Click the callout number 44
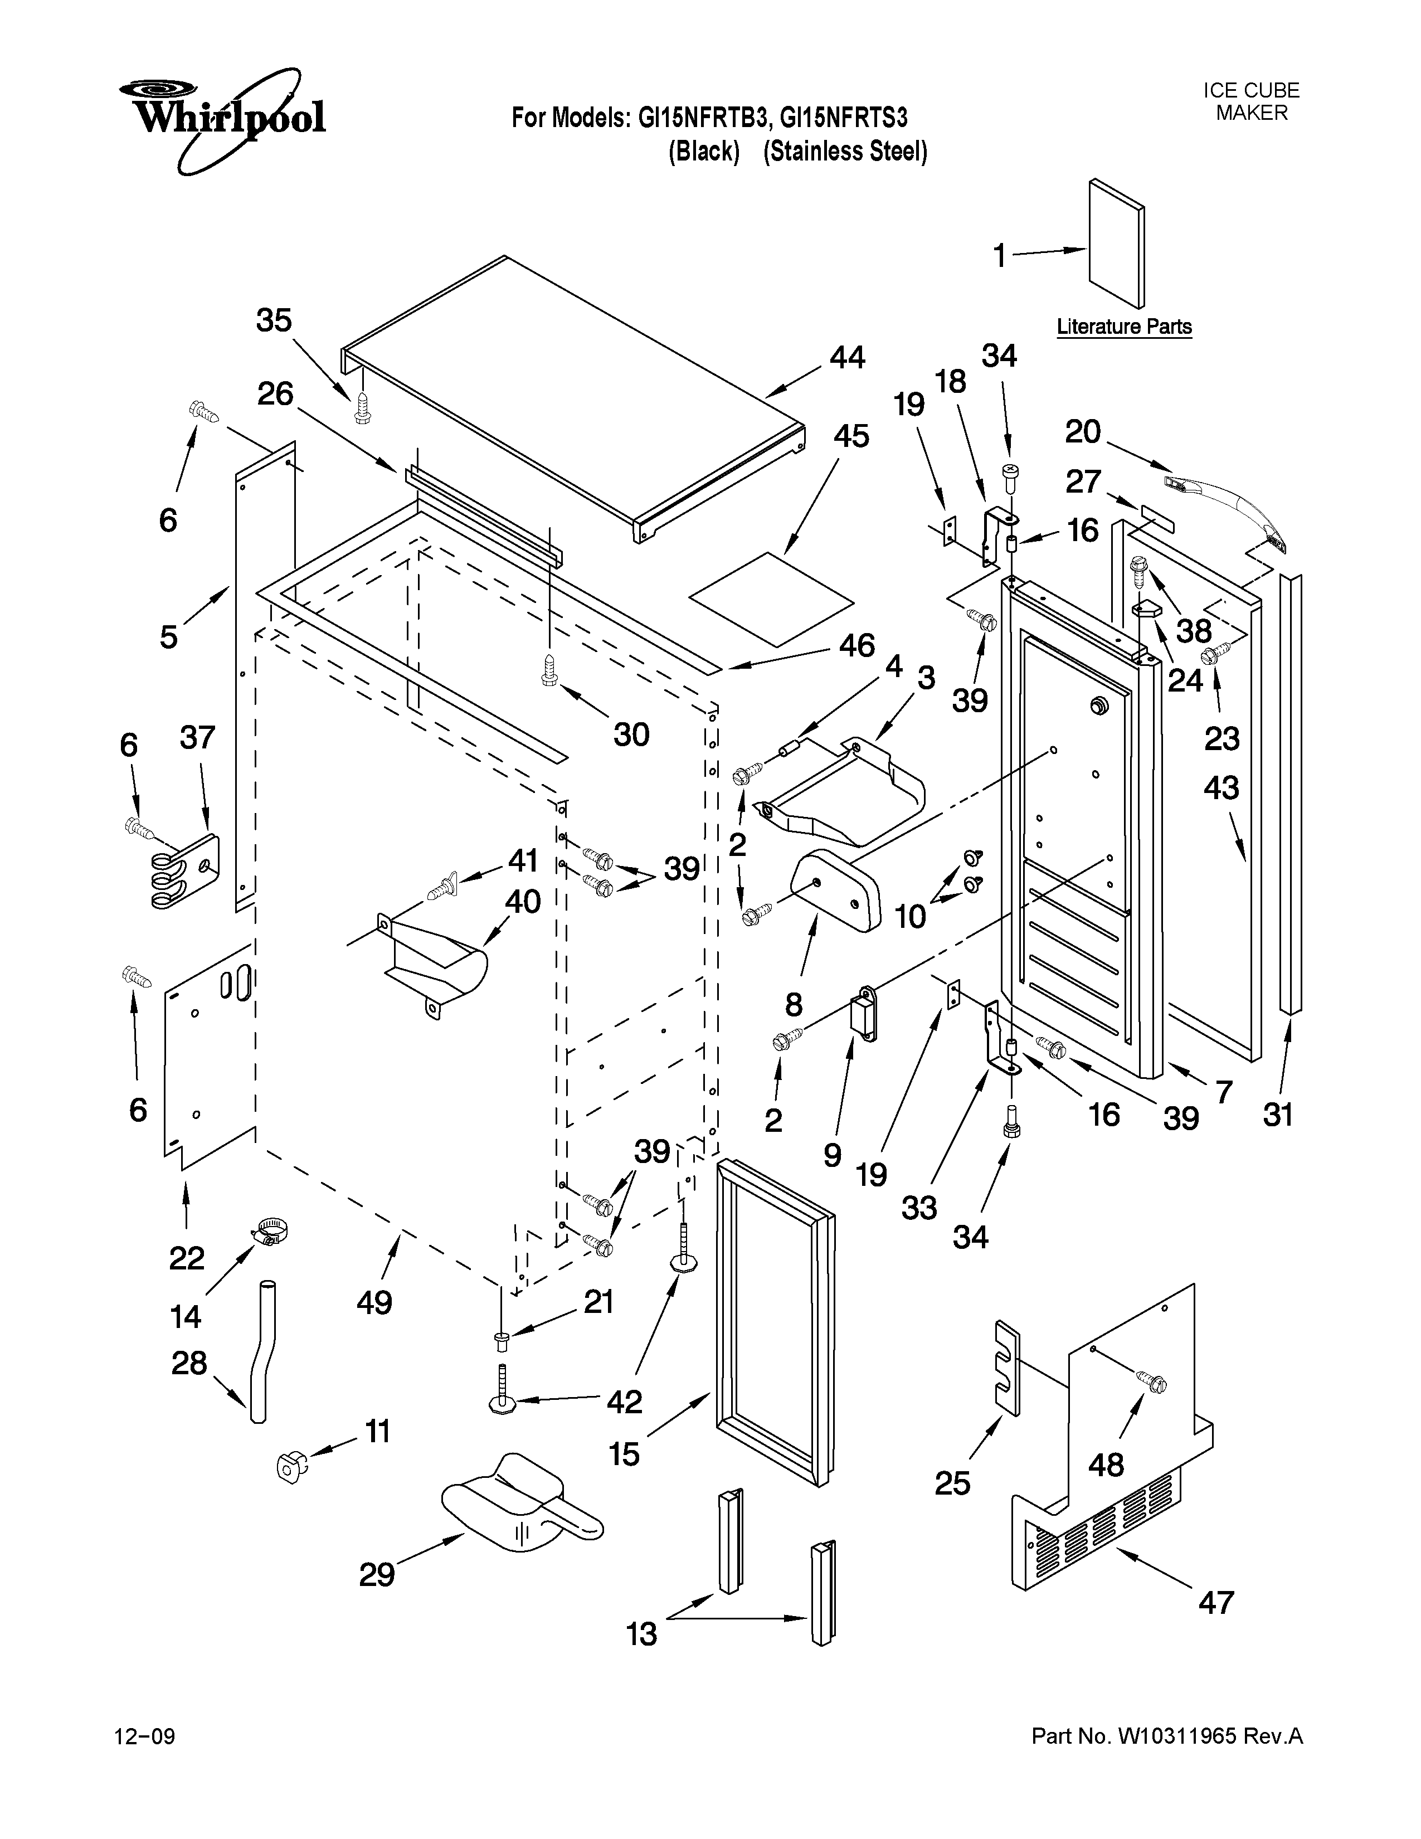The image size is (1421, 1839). coord(847,358)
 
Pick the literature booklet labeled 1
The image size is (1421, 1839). coord(1116,244)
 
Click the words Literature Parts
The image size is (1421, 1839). coord(1124,327)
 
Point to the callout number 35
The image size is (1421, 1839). coord(274,321)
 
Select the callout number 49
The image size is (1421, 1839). coord(374,1303)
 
